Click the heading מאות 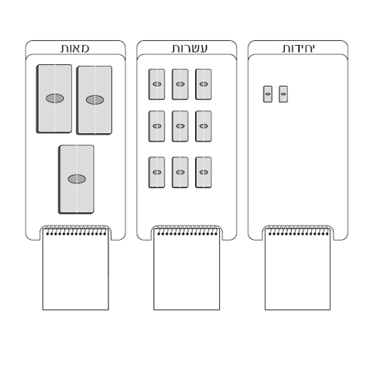[75, 49]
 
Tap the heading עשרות [190, 49]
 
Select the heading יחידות [299, 49]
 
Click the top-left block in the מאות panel [54, 99]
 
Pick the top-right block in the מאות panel [94, 100]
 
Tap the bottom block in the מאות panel [76, 180]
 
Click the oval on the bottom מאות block [77, 179]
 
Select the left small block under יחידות [268, 94]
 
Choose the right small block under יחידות [283, 94]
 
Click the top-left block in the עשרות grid [156, 84]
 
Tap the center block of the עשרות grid [180, 126]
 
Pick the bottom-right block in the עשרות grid [204, 172]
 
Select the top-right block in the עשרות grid [204, 84]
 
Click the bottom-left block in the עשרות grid [156, 172]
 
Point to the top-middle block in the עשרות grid [180, 84]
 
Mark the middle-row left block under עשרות [156, 126]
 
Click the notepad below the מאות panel [76, 269]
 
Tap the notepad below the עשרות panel [187, 269]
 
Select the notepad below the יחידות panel [298, 269]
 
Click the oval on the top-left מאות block [55, 98]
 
